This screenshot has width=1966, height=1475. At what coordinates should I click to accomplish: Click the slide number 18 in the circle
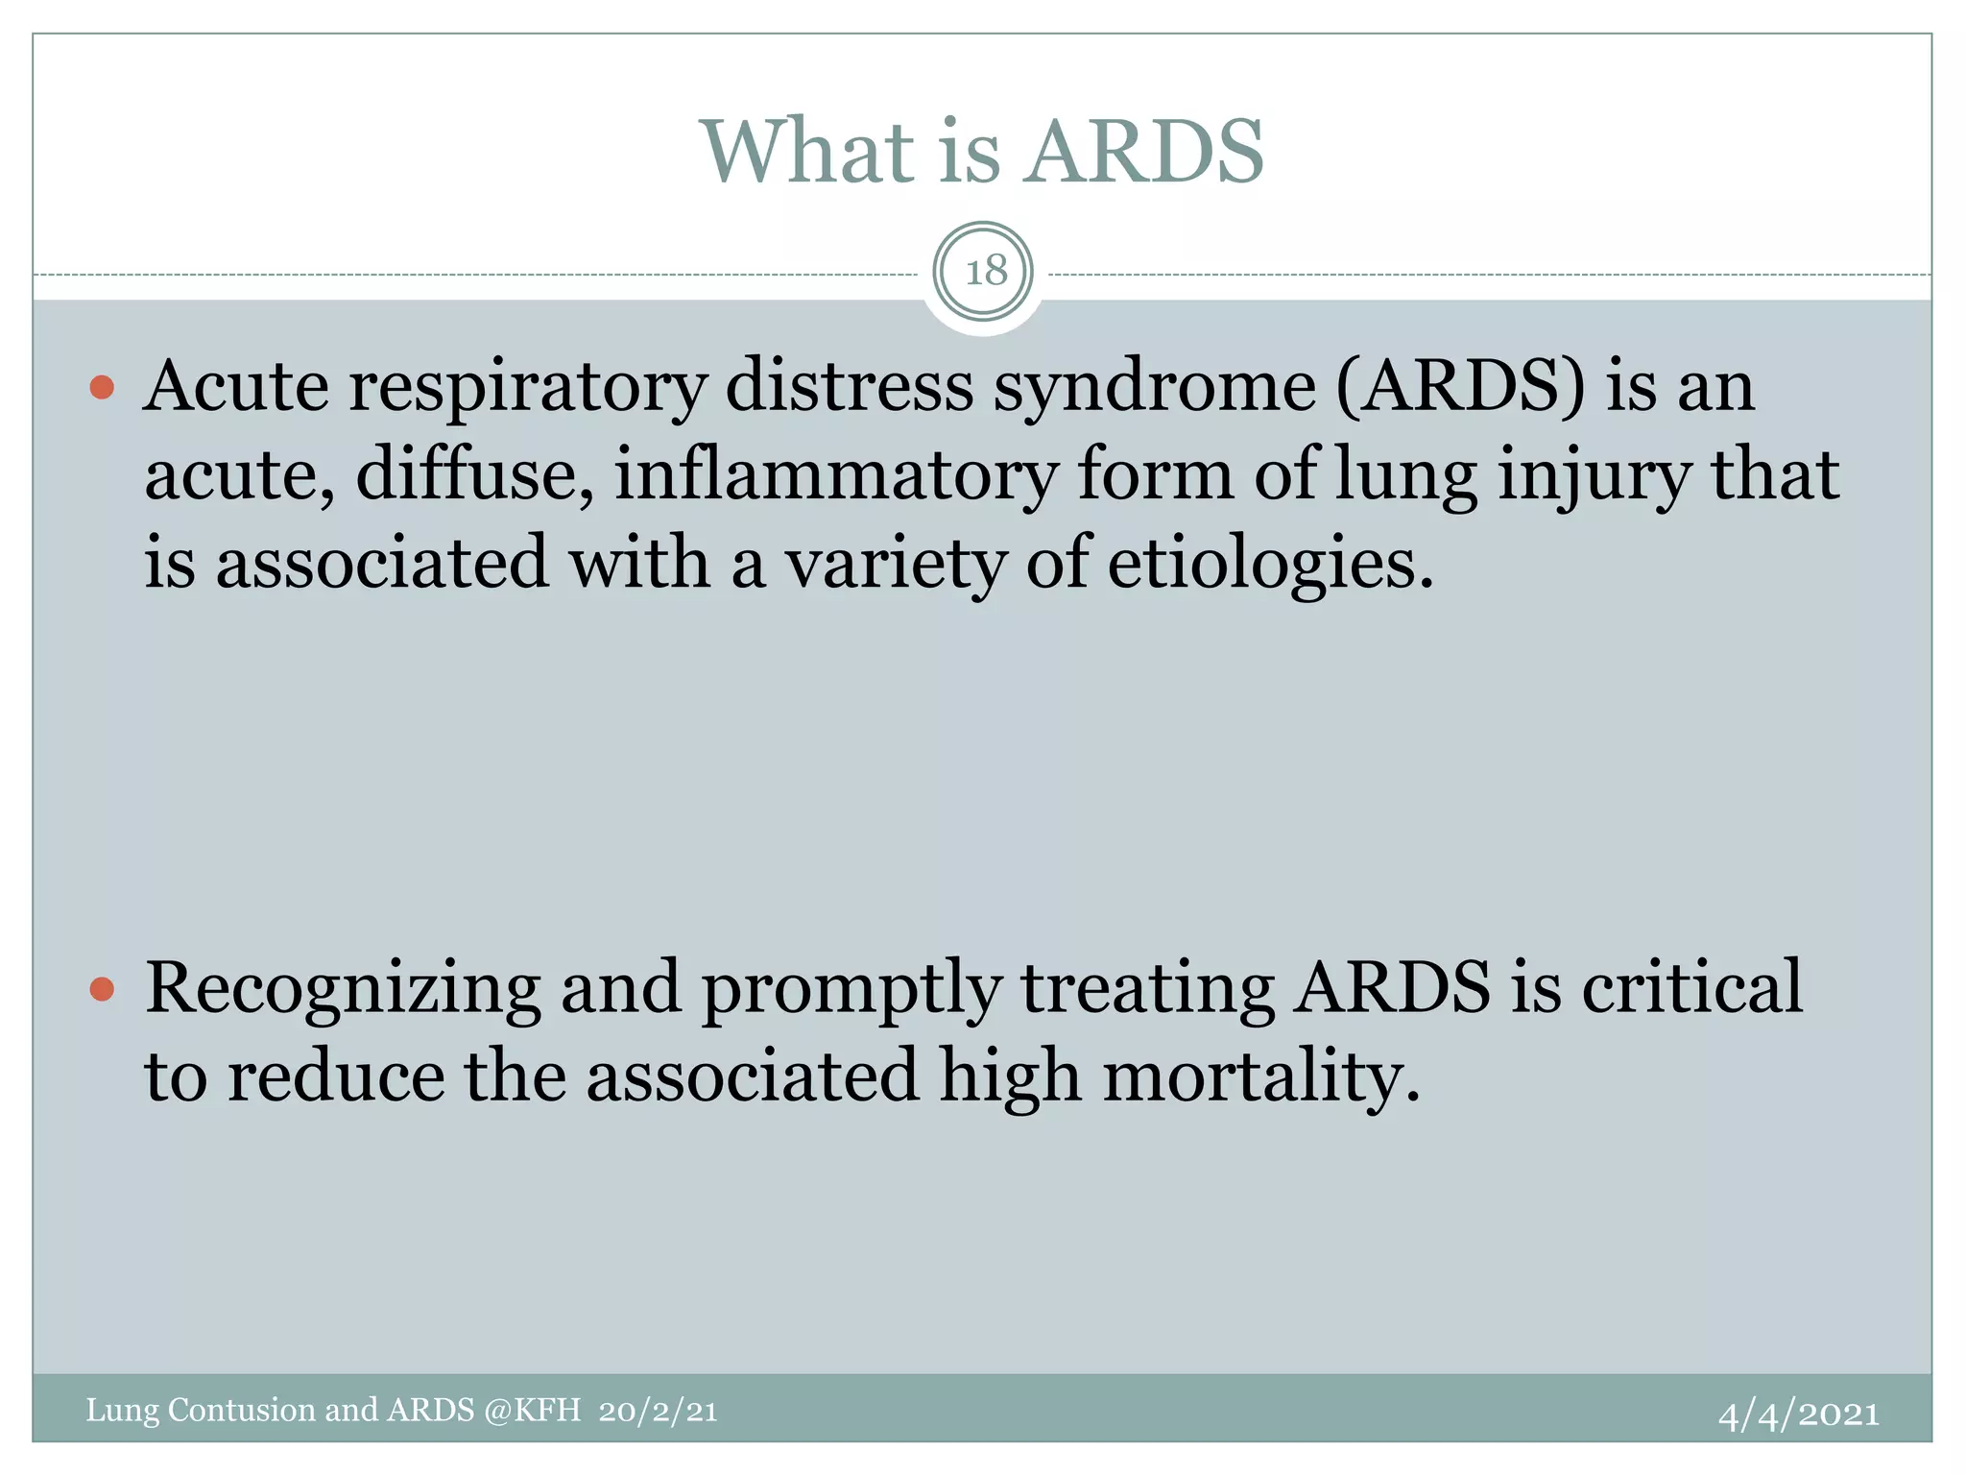(x=984, y=272)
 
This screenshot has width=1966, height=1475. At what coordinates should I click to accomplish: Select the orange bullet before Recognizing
(x=102, y=988)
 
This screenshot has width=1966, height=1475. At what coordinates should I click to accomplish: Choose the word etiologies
(x=1269, y=563)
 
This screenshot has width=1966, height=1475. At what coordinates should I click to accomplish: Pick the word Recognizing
(x=343, y=989)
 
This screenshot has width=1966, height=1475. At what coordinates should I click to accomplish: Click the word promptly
(x=851, y=989)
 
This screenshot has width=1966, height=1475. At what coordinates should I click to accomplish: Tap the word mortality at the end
(x=1259, y=1076)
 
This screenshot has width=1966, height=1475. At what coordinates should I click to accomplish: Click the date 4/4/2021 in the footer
(x=1798, y=1414)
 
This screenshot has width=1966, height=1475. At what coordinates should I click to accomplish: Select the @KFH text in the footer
(x=533, y=1410)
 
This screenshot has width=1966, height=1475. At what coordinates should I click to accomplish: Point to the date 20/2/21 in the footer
(x=658, y=1411)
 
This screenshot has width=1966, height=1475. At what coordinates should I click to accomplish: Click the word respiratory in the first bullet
(x=527, y=387)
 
